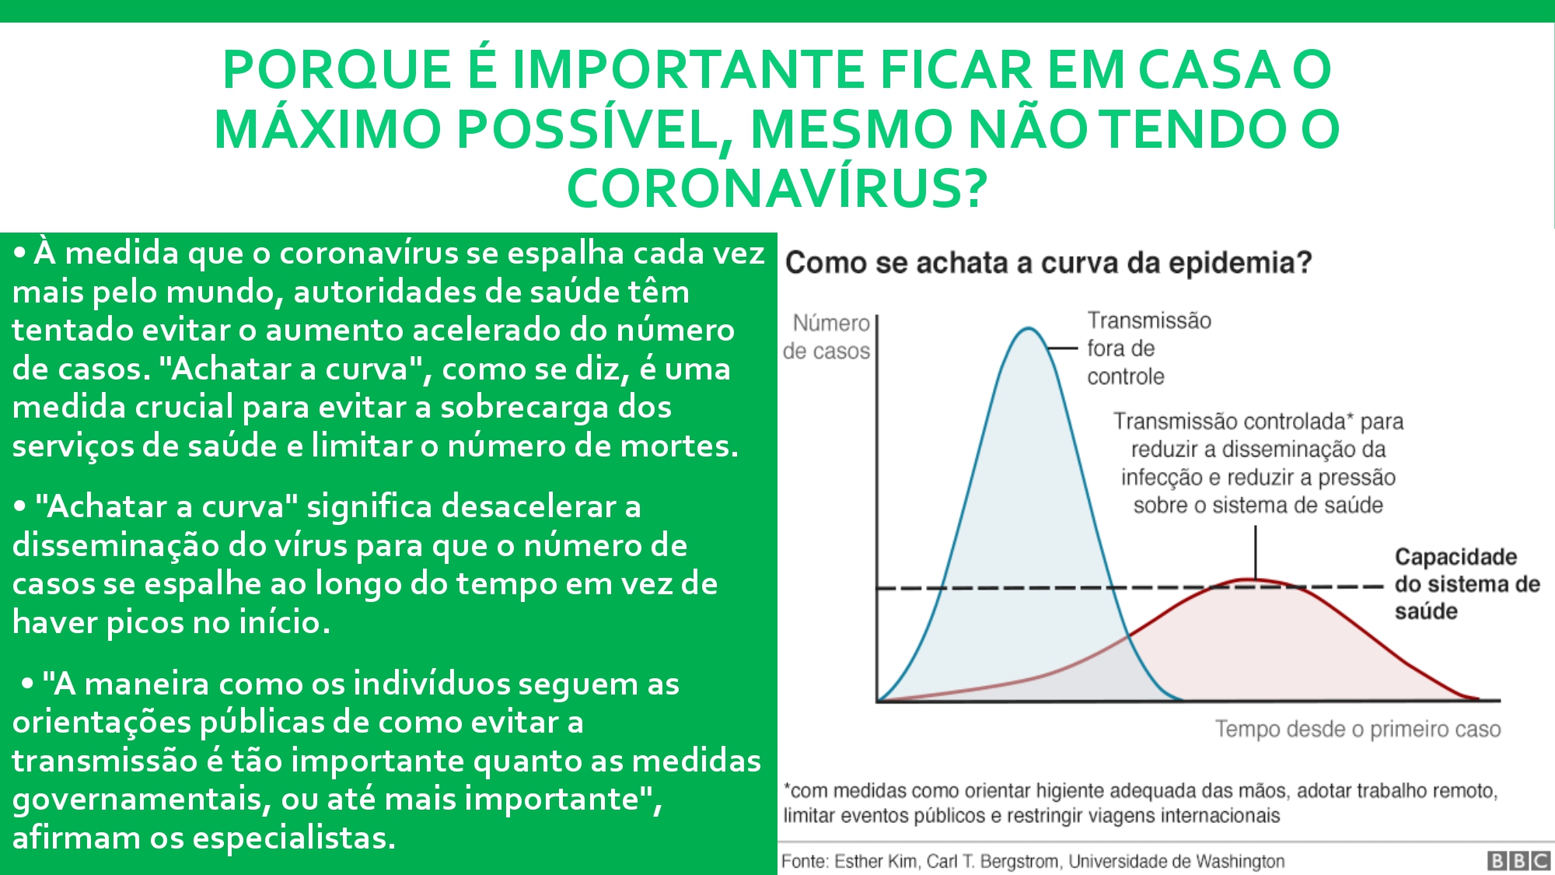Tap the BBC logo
[x=1518, y=860]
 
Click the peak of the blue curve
[x=1028, y=328]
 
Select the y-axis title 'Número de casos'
[x=826, y=337]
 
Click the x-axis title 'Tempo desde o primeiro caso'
[x=1358, y=729]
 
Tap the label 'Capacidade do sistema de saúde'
[x=1467, y=583]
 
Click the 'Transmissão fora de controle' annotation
[x=1149, y=348]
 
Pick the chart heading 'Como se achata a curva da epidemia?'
[x=1048, y=263]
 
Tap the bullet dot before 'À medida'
[x=20, y=254]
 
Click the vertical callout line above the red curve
[x=1256, y=552]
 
